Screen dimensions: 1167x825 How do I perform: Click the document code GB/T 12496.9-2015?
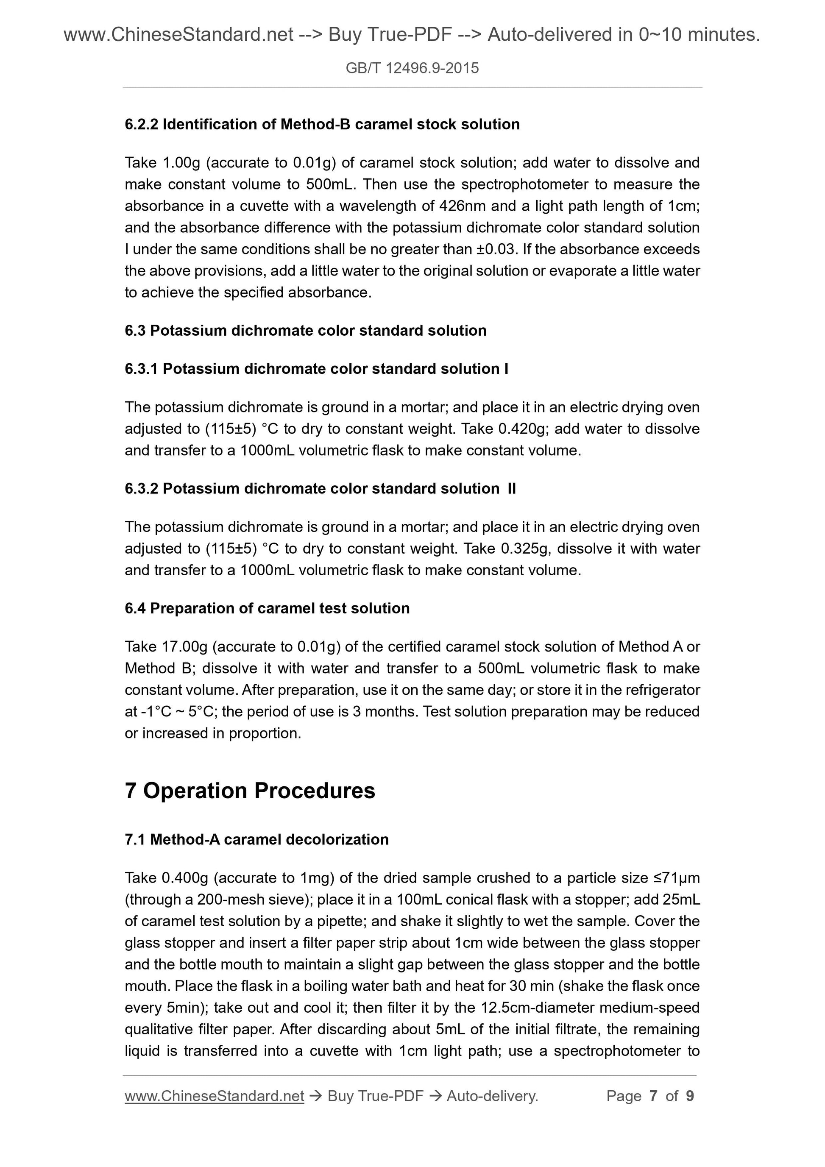click(412, 68)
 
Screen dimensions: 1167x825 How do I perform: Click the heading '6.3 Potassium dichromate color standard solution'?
click(306, 330)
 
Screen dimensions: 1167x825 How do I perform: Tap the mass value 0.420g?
click(524, 429)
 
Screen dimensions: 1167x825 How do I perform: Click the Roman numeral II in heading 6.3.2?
click(511, 488)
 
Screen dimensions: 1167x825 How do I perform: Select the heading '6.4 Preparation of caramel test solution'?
click(267, 608)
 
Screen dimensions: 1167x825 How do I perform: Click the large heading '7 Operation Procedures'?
click(250, 791)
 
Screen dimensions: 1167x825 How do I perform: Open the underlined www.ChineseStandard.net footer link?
click(214, 1096)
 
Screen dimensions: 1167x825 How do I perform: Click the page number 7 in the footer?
click(653, 1096)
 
